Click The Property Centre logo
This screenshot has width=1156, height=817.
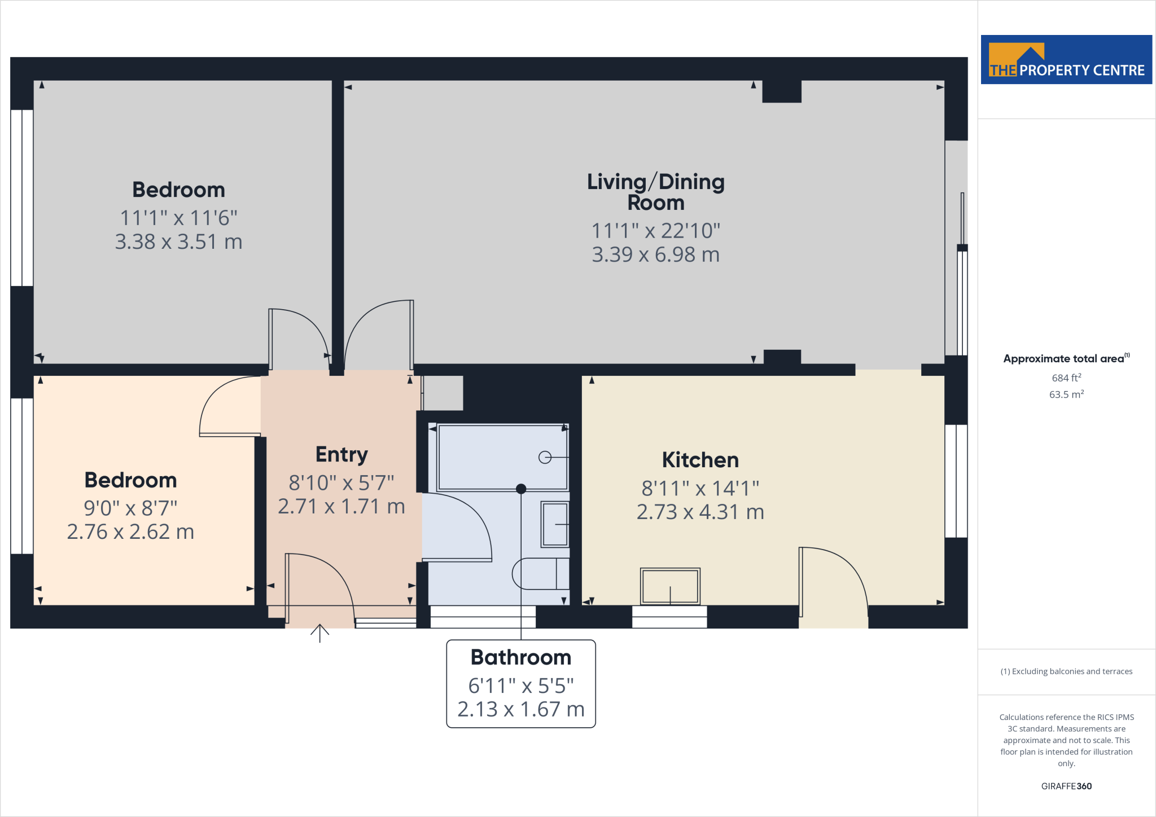pyautogui.click(x=1066, y=60)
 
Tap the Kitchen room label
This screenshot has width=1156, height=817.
pyautogui.click(x=700, y=460)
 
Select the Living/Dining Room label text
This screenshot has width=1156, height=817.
pyautogui.click(x=655, y=192)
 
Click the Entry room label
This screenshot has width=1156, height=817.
pyautogui.click(x=341, y=454)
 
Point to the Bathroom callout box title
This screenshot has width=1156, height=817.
pyautogui.click(x=520, y=657)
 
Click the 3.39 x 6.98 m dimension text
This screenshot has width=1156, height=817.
pyautogui.click(x=655, y=254)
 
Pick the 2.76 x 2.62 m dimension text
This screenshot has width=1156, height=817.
pyautogui.click(x=130, y=532)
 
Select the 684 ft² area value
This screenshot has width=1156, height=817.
pyautogui.click(x=1066, y=378)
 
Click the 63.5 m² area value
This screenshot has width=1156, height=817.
pyautogui.click(x=1066, y=394)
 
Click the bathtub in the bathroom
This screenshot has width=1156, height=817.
pyautogui.click(x=502, y=457)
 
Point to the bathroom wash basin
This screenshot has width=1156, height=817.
pyautogui.click(x=555, y=525)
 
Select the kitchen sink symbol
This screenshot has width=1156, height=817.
pyautogui.click(x=670, y=586)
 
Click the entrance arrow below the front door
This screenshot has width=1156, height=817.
pyautogui.click(x=319, y=633)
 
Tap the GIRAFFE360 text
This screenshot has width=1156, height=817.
pyautogui.click(x=1066, y=786)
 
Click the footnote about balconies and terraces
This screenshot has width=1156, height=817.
pyautogui.click(x=1066, y=671)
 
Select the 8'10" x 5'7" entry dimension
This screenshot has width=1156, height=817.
pyautogui.click(x=341, y=483)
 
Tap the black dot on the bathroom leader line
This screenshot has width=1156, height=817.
pyautogui.click(x=521, y=489)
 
